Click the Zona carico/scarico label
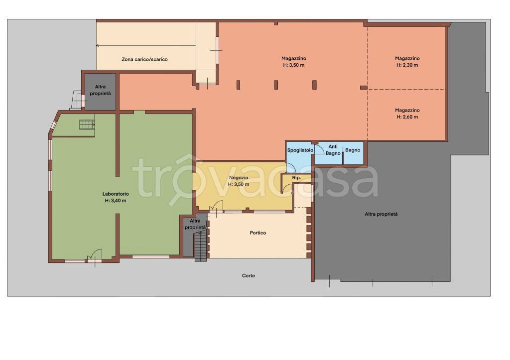pos(144,60)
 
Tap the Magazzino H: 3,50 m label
pos(294,62)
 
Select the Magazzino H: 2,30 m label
pos(407,62)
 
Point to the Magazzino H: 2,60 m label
pos(407,114)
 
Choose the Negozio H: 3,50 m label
pos(239,181)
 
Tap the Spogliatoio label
pos(300,150)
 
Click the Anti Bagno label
pos(333,150)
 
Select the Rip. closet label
pos(296,178)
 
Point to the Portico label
pos(258,233)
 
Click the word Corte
pos(249,276)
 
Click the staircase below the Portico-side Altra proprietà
pos(201,247)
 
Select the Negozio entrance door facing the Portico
pos(216,207)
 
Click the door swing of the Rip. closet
pos(287,189)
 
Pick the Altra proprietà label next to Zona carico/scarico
pos(100,90)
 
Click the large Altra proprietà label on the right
pos(381,214)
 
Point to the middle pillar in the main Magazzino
pos(276,85)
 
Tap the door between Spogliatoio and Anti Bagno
pos(319,149)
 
